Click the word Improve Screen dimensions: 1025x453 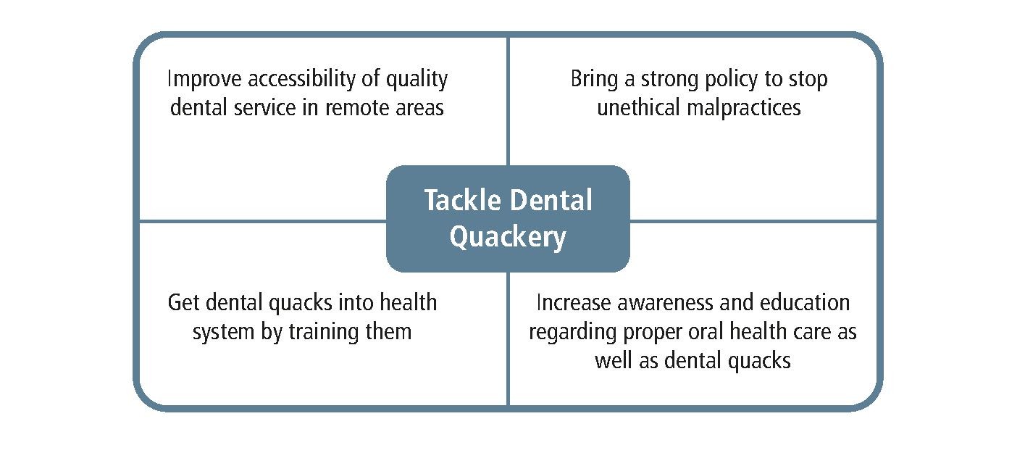click(x=204, y=79)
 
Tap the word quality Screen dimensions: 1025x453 click(x=417, y=79)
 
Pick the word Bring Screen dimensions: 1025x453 click(x=594, y=79)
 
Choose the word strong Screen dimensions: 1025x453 click(x=669, y=80)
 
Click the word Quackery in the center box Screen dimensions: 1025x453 click(x=508, y=237)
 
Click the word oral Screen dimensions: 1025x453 click(x=706, y=332)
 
